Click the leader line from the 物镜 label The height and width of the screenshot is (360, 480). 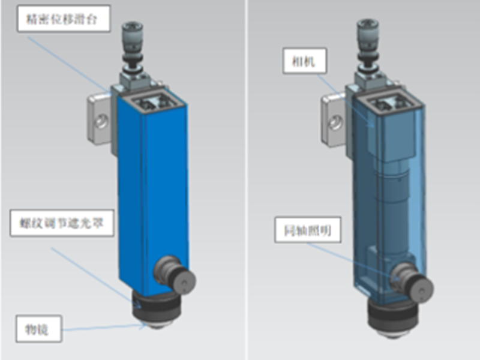(x=102, y=328)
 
